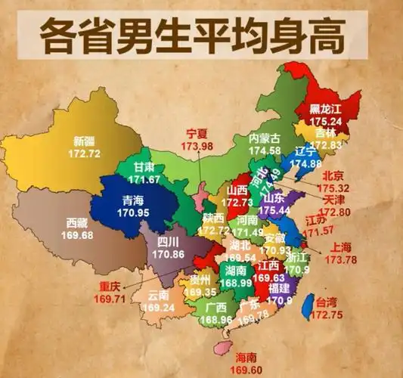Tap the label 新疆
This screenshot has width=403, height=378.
(x=85, y=141)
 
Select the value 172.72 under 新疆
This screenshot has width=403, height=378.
(x=85, y=153)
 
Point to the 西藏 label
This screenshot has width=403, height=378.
(x=77, y=223)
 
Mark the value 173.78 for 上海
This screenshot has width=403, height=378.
(x=340, y=260)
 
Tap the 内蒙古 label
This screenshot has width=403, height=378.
(x=265, y=138)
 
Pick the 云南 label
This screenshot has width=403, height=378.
(x=158, y=295)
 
